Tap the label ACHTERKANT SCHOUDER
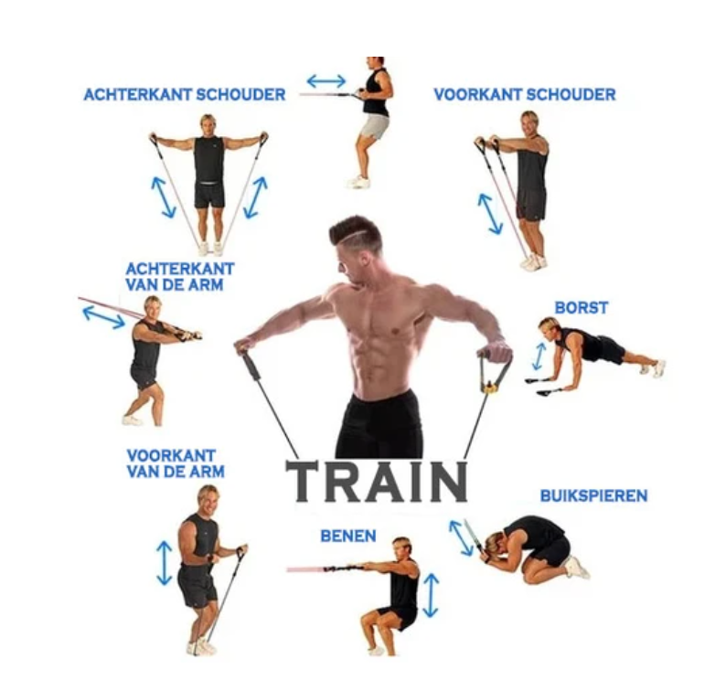click(x=184, y=94)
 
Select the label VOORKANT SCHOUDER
click(x=524, y=94)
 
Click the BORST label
click(x=581, y=308)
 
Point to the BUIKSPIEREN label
click(x=593, y=495)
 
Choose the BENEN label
click(x=347, y=536)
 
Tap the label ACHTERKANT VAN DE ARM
click(x=179, y=276)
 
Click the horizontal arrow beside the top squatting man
click(x=326, y=80)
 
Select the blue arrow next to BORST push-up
click(x=539, y=356)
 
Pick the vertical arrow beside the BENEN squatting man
click(x=431, y=595)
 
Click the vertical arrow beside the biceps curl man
click(x=164, y=562)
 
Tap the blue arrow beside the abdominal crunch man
click(x=461, y=537)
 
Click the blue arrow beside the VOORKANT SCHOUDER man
click(x=490, y=213)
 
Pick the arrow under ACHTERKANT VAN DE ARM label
click(x=103, y=316)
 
